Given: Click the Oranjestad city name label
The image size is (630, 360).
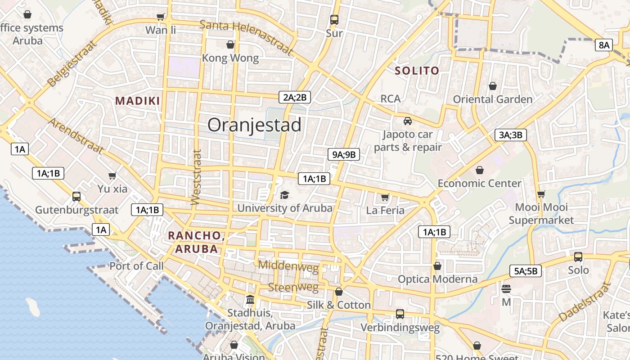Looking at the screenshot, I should (254, 125).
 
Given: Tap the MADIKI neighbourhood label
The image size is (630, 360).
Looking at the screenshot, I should (138, 101).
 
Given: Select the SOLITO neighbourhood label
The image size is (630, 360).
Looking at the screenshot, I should (417, 71).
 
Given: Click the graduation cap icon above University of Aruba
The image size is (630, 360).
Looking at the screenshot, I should (284, 195).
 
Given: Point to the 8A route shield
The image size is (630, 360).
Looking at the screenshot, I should (603, 45).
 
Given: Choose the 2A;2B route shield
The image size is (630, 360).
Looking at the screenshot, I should (295, 97).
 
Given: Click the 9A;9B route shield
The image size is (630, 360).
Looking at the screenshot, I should (344, 155).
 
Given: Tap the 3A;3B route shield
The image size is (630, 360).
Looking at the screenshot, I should (511, 135).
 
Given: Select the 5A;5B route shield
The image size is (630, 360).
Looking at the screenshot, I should (526, 271).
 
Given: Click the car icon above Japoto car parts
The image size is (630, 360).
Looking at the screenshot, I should (407, 121).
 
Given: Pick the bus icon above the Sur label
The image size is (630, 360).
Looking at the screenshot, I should (334, 20).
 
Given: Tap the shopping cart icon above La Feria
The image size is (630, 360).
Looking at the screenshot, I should (385, 197).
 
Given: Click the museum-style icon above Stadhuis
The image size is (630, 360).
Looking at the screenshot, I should (250, 300).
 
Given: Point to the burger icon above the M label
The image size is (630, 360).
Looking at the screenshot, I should (506, 289).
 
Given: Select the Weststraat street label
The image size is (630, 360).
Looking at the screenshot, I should (196, 177).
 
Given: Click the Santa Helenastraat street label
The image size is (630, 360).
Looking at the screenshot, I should (246, 37).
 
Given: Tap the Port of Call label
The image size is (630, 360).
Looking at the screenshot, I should (136, 266).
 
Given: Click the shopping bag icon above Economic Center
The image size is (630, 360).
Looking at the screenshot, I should (480, 170).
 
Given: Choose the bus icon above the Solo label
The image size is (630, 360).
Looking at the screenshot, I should (578, 257).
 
